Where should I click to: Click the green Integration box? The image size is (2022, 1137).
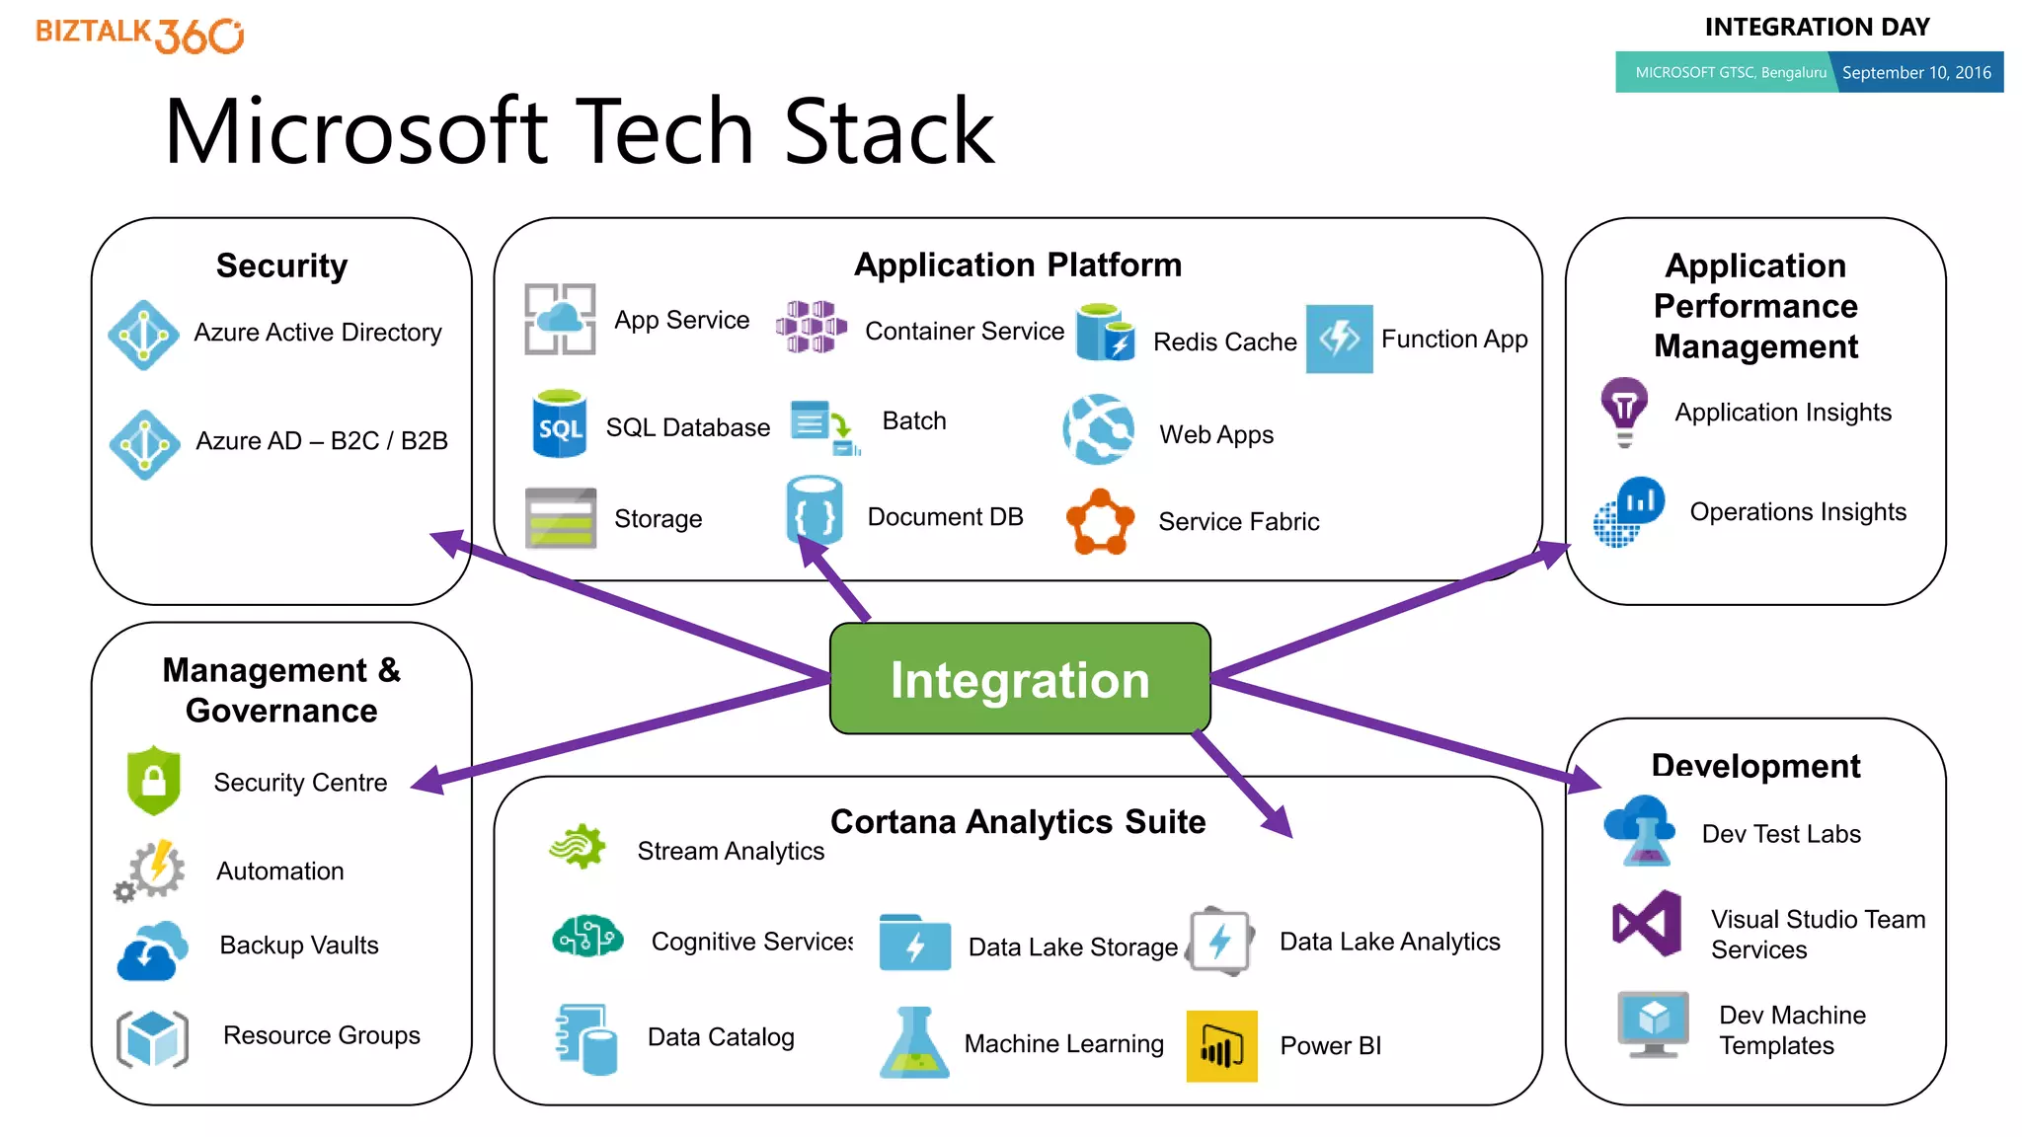(1020, 679)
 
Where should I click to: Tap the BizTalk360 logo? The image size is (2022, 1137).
(139, 35)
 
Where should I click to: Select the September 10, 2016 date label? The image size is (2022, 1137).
(1916, 73)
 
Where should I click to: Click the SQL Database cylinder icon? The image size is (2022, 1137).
(560, 424)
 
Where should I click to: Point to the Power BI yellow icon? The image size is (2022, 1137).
(1221, 1046)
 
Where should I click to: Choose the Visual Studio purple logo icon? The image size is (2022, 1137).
(1647, 924)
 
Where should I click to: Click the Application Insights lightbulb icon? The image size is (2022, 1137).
(1624, 409)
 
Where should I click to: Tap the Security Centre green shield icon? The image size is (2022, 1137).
(154, 781)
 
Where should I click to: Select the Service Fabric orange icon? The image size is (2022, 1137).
(1100, 521)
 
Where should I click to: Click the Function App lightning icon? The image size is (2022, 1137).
(1339, 339)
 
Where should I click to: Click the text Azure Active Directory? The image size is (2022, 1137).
(317, 333)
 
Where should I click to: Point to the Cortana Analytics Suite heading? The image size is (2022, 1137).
(1018, 821)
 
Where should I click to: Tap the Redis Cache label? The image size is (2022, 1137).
(1224, 341)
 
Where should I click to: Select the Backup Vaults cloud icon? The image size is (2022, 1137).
(152, 951)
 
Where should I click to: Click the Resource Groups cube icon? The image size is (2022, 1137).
(152, 1038)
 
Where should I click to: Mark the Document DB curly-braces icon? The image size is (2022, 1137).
(815, 512)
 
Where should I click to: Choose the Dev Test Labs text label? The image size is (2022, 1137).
(1781, 834)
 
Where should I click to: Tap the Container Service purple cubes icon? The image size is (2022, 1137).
(811, 327)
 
